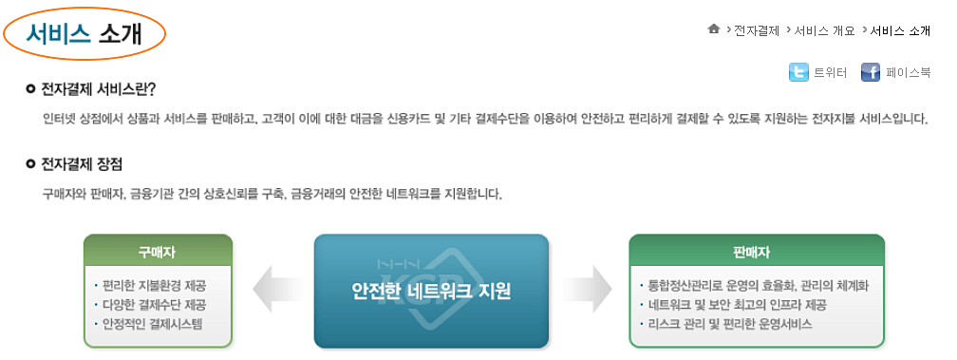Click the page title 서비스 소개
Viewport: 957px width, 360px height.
point(84,33)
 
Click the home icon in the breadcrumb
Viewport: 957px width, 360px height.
point(714,29)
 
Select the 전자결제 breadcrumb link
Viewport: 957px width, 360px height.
point(757,30)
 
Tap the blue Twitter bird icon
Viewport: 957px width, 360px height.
point(798,72)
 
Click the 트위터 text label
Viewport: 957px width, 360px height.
point(830,72)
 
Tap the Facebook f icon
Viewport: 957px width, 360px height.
point(871,72)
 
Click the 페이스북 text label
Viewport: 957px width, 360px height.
point(908,72)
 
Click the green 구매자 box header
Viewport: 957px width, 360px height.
point(158,252)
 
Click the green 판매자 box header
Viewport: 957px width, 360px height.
point(757,252)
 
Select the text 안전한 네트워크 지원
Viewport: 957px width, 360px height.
point(431,289)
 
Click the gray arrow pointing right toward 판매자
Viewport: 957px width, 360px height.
point(589,289)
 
